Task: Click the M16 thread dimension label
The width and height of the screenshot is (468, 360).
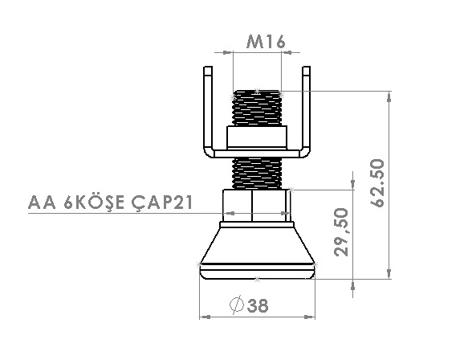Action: pos(266,42)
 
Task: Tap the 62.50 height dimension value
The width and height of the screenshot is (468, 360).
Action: pos(377,183)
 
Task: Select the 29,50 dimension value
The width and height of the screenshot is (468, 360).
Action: pos(341,232)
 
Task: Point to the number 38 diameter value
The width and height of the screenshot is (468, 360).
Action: pos(258,305)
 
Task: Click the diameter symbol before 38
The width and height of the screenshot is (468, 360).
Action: pos(237,305)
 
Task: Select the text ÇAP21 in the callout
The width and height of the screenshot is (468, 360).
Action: pos(162,203)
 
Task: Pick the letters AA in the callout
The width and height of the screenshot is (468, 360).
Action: pos(42,202)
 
